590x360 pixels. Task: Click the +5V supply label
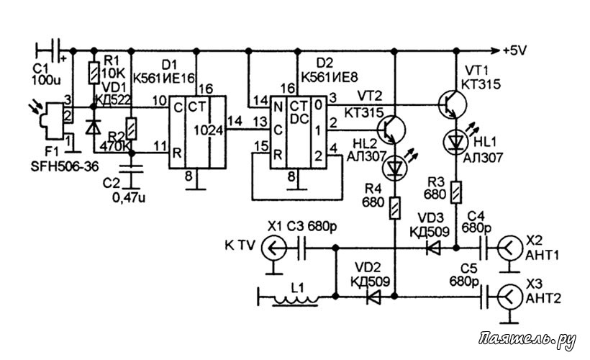(x=514, y=50)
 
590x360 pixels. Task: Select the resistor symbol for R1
(x=94, y=73)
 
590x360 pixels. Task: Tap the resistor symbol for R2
(x=132, y=128)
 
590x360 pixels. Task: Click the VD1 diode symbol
(x=94, y=127)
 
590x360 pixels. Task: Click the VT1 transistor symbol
(x=453, y=104)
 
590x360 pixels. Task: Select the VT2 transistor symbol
(x=391, y=130)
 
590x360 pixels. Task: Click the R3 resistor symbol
(x=456, y=192)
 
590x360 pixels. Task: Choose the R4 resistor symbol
(x=395, y=207)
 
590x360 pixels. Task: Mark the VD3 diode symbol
(x=433, y=248)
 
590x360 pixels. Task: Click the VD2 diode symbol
(x=373, y=297)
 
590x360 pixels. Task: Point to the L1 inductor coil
(x=296, y=300)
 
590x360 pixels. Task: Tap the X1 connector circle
(x=274, y=248)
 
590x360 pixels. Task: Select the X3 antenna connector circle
(x=510, y=297)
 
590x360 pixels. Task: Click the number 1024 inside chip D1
(x=209, y=130)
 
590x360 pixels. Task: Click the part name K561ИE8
(x=330, y=77)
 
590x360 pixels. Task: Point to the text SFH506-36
(x=64, y=166)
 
